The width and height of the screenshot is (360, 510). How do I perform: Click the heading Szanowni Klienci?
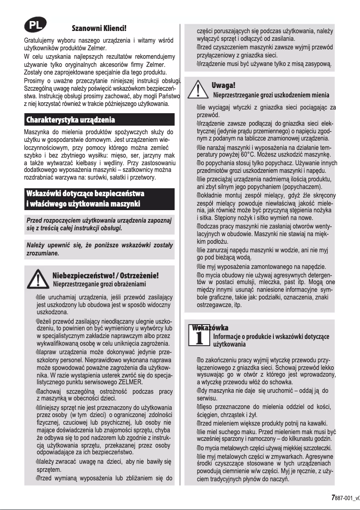tap(99, 28)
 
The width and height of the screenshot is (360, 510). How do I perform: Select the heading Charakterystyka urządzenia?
tap(70, 120)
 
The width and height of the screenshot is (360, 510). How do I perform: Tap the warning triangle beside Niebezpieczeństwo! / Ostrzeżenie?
tap(38, 279)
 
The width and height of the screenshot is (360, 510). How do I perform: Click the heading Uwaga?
tap(223, 85)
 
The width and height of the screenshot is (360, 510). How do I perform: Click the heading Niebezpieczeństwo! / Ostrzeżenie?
tap(105, 275)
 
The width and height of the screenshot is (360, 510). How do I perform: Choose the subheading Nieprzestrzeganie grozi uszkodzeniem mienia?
tap(271, 95)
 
